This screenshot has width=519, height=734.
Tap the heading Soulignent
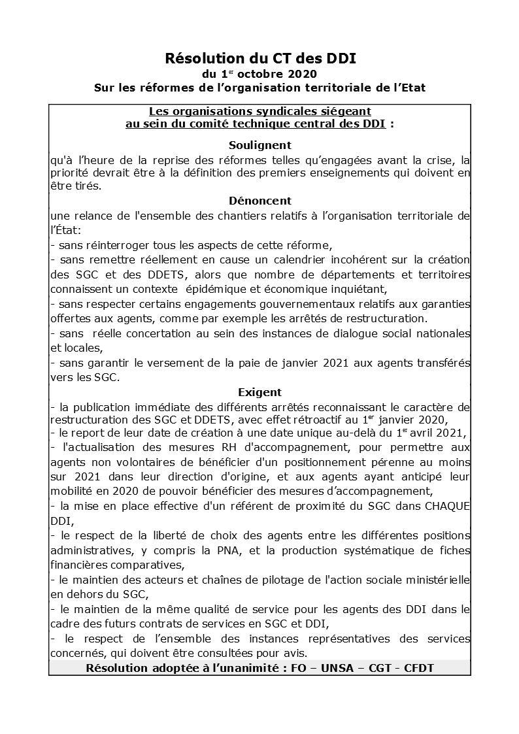pyautogui.click(x=259, y=145)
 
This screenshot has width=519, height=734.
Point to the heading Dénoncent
pyautogui.click(x=259, y=201)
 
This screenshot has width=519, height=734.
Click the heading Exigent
pyautogui.click(x=259, y=393)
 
